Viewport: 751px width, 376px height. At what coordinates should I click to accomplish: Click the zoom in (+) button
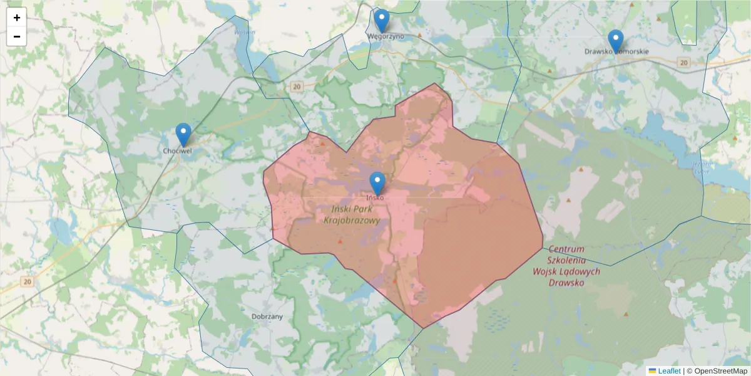tap(17, 18)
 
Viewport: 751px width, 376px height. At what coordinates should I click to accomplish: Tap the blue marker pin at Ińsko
tap(377, 183)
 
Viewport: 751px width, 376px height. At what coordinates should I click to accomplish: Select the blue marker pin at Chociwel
tap(183, 134)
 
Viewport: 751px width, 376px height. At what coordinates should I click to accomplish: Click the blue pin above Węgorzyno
tap(381, 20)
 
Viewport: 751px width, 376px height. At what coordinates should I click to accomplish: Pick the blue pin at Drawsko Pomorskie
tap(616, 41)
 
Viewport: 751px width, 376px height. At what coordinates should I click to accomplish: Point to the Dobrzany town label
tap(267, 316)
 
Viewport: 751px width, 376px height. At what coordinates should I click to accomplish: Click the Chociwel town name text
tap(177, 151)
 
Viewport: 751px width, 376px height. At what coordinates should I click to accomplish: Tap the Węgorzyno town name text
tap(385, 36)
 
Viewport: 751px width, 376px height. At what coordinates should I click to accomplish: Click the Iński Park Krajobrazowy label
tap(352, 214)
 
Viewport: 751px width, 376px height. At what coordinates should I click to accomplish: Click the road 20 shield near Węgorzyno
tap(296, 86)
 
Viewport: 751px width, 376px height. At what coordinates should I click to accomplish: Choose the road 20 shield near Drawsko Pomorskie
tap(683, 62)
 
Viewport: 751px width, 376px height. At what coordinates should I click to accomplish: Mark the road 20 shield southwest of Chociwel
tap(26, 282)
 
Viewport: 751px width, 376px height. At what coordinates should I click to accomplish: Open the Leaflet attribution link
tap(668, 371)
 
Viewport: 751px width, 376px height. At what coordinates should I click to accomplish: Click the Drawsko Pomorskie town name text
tap(616, 51)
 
